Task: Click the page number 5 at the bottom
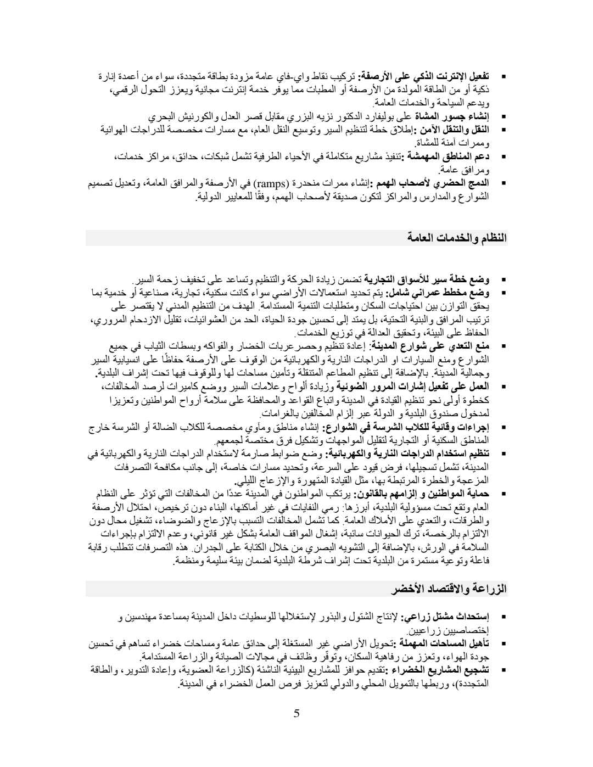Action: (x=296, y=713)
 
